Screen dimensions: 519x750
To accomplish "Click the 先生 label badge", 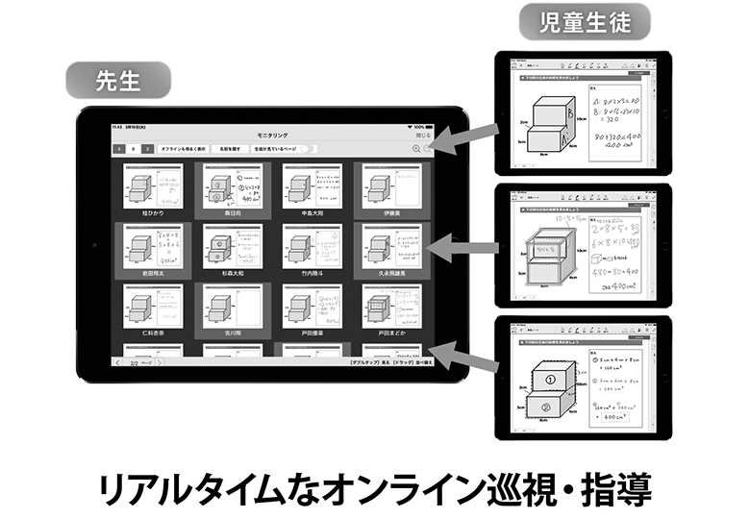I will click(118, 81).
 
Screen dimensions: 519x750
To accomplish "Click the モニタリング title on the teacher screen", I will click(272, 136).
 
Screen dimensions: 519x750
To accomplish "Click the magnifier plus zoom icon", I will click(416, 149).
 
